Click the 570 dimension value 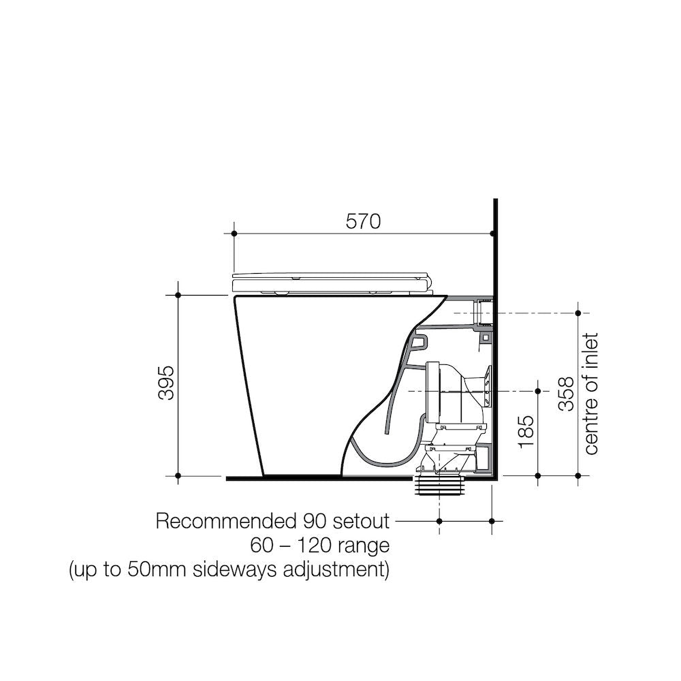362,221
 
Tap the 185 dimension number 525,431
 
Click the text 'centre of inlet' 590,394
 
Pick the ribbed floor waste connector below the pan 440,487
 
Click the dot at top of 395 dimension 178,295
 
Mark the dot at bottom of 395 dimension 178,475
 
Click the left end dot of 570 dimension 234,234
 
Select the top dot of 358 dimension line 578,313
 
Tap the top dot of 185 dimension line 539,391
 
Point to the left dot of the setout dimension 440,522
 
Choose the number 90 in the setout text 307,522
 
